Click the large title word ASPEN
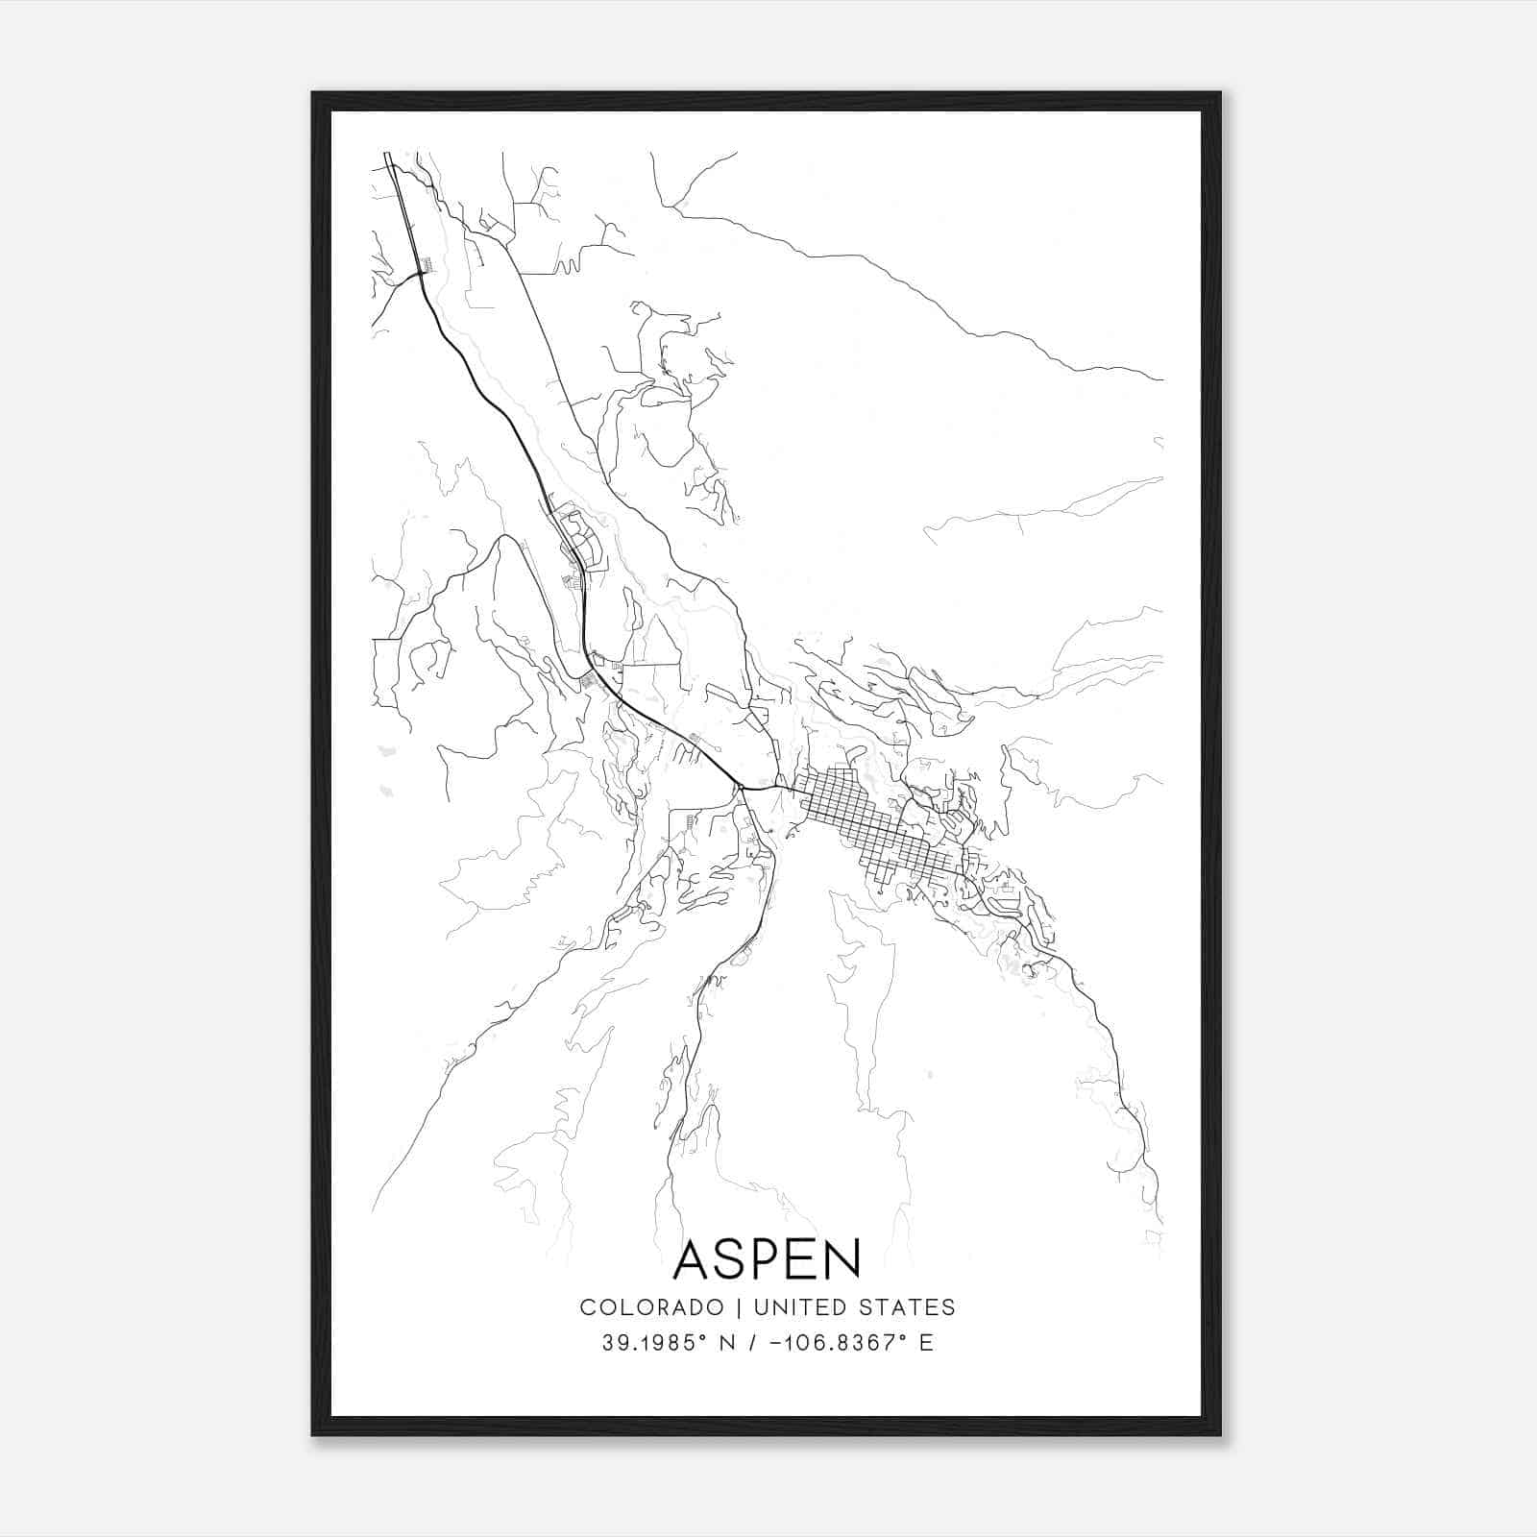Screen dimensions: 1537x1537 [767, 1259]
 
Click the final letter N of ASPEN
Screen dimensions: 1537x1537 [841, 1259]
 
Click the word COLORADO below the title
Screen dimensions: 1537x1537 [651, 1307]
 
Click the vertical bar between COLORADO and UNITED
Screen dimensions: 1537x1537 [740, 1307]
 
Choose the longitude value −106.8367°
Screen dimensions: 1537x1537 [837, 1343]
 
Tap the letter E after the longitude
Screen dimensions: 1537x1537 [926, 1343]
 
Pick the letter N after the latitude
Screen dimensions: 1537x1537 [728, 1343]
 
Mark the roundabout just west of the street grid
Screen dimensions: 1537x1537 [741, 789]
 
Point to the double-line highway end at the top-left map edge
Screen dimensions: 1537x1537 [387, 156]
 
